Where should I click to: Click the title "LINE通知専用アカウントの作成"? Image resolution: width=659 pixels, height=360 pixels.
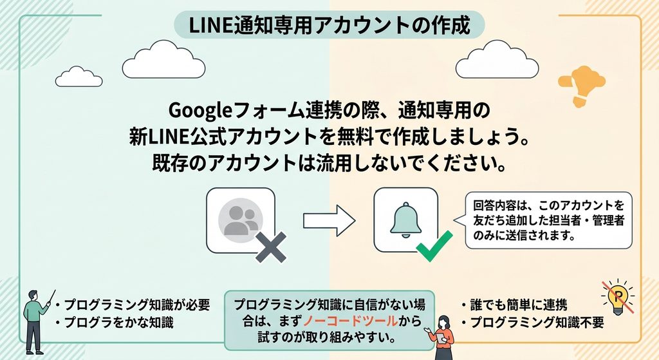pos(329,25)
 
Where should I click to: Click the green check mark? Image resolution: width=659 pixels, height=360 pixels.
pos(434,245)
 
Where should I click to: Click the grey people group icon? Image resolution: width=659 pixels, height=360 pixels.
pos(241,220)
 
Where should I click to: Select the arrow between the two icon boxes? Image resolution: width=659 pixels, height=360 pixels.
pos(329,220)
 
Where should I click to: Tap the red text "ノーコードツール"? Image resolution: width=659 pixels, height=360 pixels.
pos(349,321)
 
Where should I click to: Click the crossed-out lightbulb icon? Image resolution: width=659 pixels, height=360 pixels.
pos(617,296)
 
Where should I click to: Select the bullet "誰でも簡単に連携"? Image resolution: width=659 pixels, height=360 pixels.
pos(514,305)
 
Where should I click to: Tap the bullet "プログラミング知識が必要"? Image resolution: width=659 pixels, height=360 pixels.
pos(132,305)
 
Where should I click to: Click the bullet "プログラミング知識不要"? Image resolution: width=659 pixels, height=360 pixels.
pos(532,323)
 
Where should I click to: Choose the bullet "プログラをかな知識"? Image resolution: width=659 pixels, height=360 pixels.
pos(114,323)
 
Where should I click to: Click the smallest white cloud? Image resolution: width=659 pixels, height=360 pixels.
pos(79,77)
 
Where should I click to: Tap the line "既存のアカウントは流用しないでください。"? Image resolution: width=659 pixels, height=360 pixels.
pos(329,163)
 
